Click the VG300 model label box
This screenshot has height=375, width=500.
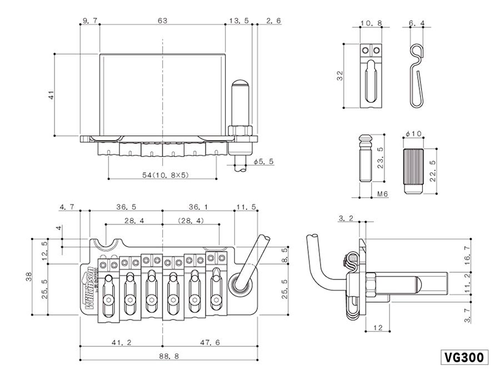(x=465, y=357)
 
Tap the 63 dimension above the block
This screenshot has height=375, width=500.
(x=162, y=21)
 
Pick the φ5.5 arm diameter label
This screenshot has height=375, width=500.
(x=264, y=162)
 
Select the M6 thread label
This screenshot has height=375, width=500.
(x=382, y=194)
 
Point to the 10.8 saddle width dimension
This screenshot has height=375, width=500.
(x=371, y=24)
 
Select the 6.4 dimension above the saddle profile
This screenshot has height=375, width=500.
(x=417, y=24)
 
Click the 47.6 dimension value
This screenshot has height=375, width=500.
(x=209, y=343)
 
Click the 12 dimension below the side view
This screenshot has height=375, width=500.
(x=377, y=328)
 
